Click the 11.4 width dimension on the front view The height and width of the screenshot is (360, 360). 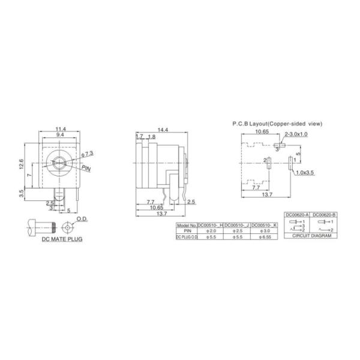click(61, 129)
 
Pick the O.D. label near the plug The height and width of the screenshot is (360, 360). click(82, 220)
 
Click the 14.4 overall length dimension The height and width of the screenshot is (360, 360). click(163, 130)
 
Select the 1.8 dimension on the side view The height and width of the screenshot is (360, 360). click(151, 137)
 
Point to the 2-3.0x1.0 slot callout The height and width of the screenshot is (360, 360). click(296, 134)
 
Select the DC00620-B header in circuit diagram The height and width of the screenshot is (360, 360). click(323, 214)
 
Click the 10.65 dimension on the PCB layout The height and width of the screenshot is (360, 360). click(262, 131)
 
